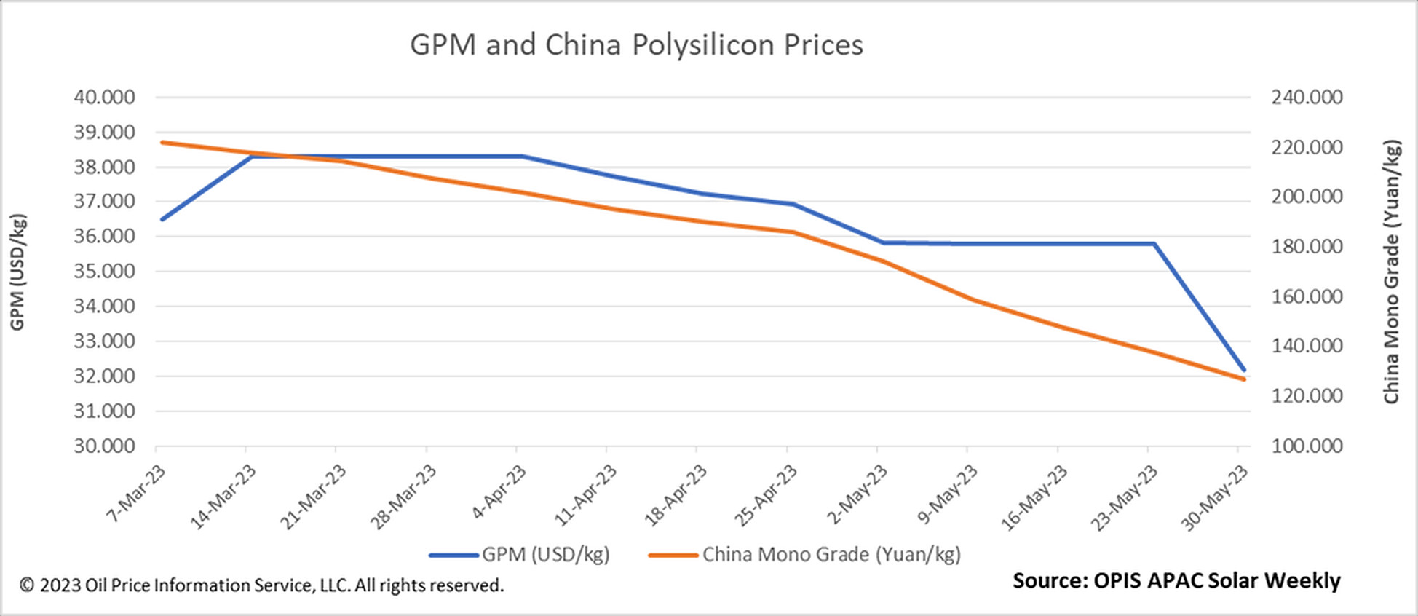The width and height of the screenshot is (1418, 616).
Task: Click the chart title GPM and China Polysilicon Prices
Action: (x=636, y=45)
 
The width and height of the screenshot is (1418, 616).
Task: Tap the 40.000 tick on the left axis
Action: (x=104, y=97)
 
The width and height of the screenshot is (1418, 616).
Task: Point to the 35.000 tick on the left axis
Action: (x=104, y=271)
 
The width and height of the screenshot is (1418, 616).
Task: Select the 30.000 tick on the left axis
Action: (x=104, y=446)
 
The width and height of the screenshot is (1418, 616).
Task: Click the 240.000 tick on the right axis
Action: (x=1307, y=97)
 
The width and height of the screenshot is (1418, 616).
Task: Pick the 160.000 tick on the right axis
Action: (x=1307, y=296)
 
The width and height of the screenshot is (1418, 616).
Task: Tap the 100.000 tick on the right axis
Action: (x=1307, y=446)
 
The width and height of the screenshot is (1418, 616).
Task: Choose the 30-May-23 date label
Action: (x=1214, y=498)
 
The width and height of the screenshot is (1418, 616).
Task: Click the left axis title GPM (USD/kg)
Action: (x=18, y=272)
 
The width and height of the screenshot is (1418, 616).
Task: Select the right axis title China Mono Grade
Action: (x=1391, y=272)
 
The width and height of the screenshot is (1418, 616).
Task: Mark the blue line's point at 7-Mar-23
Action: (x=162, y=219)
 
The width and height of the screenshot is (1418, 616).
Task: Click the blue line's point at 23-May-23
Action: (x=1154, y=244)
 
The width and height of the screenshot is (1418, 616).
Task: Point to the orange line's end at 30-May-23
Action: (x=1243, y=379)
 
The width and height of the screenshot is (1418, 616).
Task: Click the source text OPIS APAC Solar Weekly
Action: (x=1176, y=581)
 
